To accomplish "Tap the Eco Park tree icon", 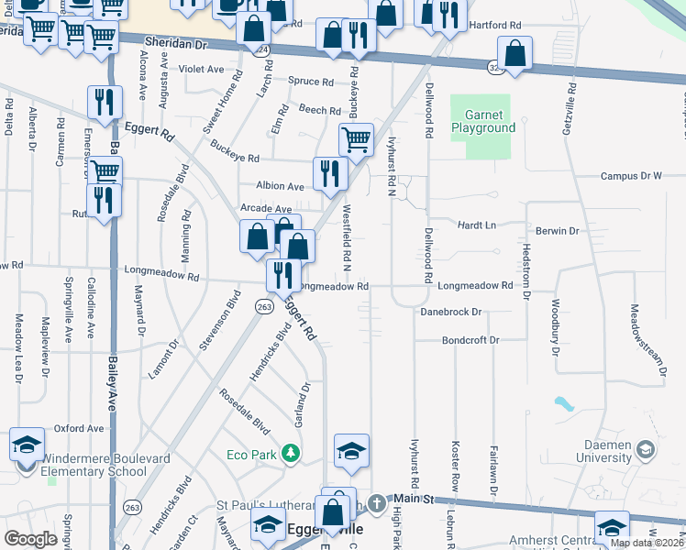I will pos(291,453).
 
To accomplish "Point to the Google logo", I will pos(30,539).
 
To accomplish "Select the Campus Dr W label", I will pos(630,176).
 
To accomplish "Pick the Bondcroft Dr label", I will pos(470,340).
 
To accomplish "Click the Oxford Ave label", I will pos(79,428).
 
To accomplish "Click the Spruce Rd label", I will pos(310,82).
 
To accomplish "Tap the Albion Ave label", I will pos(280,186).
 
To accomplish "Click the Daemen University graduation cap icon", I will pos(647,449).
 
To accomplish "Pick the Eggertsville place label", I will pos(326,530).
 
